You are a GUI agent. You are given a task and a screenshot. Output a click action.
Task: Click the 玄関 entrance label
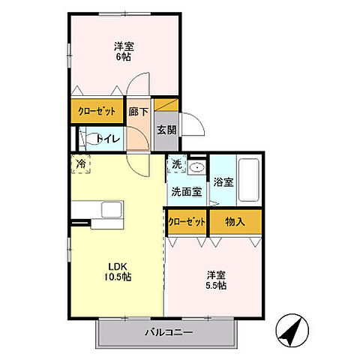[x=166, y=128]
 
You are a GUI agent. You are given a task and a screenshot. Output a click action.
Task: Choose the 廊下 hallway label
[x=137, y=112]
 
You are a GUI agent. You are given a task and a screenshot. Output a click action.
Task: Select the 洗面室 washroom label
[x=186, y=191]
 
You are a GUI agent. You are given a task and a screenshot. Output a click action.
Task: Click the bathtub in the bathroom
[x=248, y=180]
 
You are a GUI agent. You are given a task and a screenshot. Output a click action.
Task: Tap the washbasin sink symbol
[x=197, y=166]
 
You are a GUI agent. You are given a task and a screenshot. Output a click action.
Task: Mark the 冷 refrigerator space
[x=80, y=163]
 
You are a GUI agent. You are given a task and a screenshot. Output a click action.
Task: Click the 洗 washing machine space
[x=175, y=164]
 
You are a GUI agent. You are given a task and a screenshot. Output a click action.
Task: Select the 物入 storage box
[x=235, y=221]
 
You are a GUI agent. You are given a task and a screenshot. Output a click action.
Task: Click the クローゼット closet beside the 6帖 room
[x=97, y=112]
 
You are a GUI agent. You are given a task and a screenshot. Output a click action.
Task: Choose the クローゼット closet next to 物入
[x=186, y=221]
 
